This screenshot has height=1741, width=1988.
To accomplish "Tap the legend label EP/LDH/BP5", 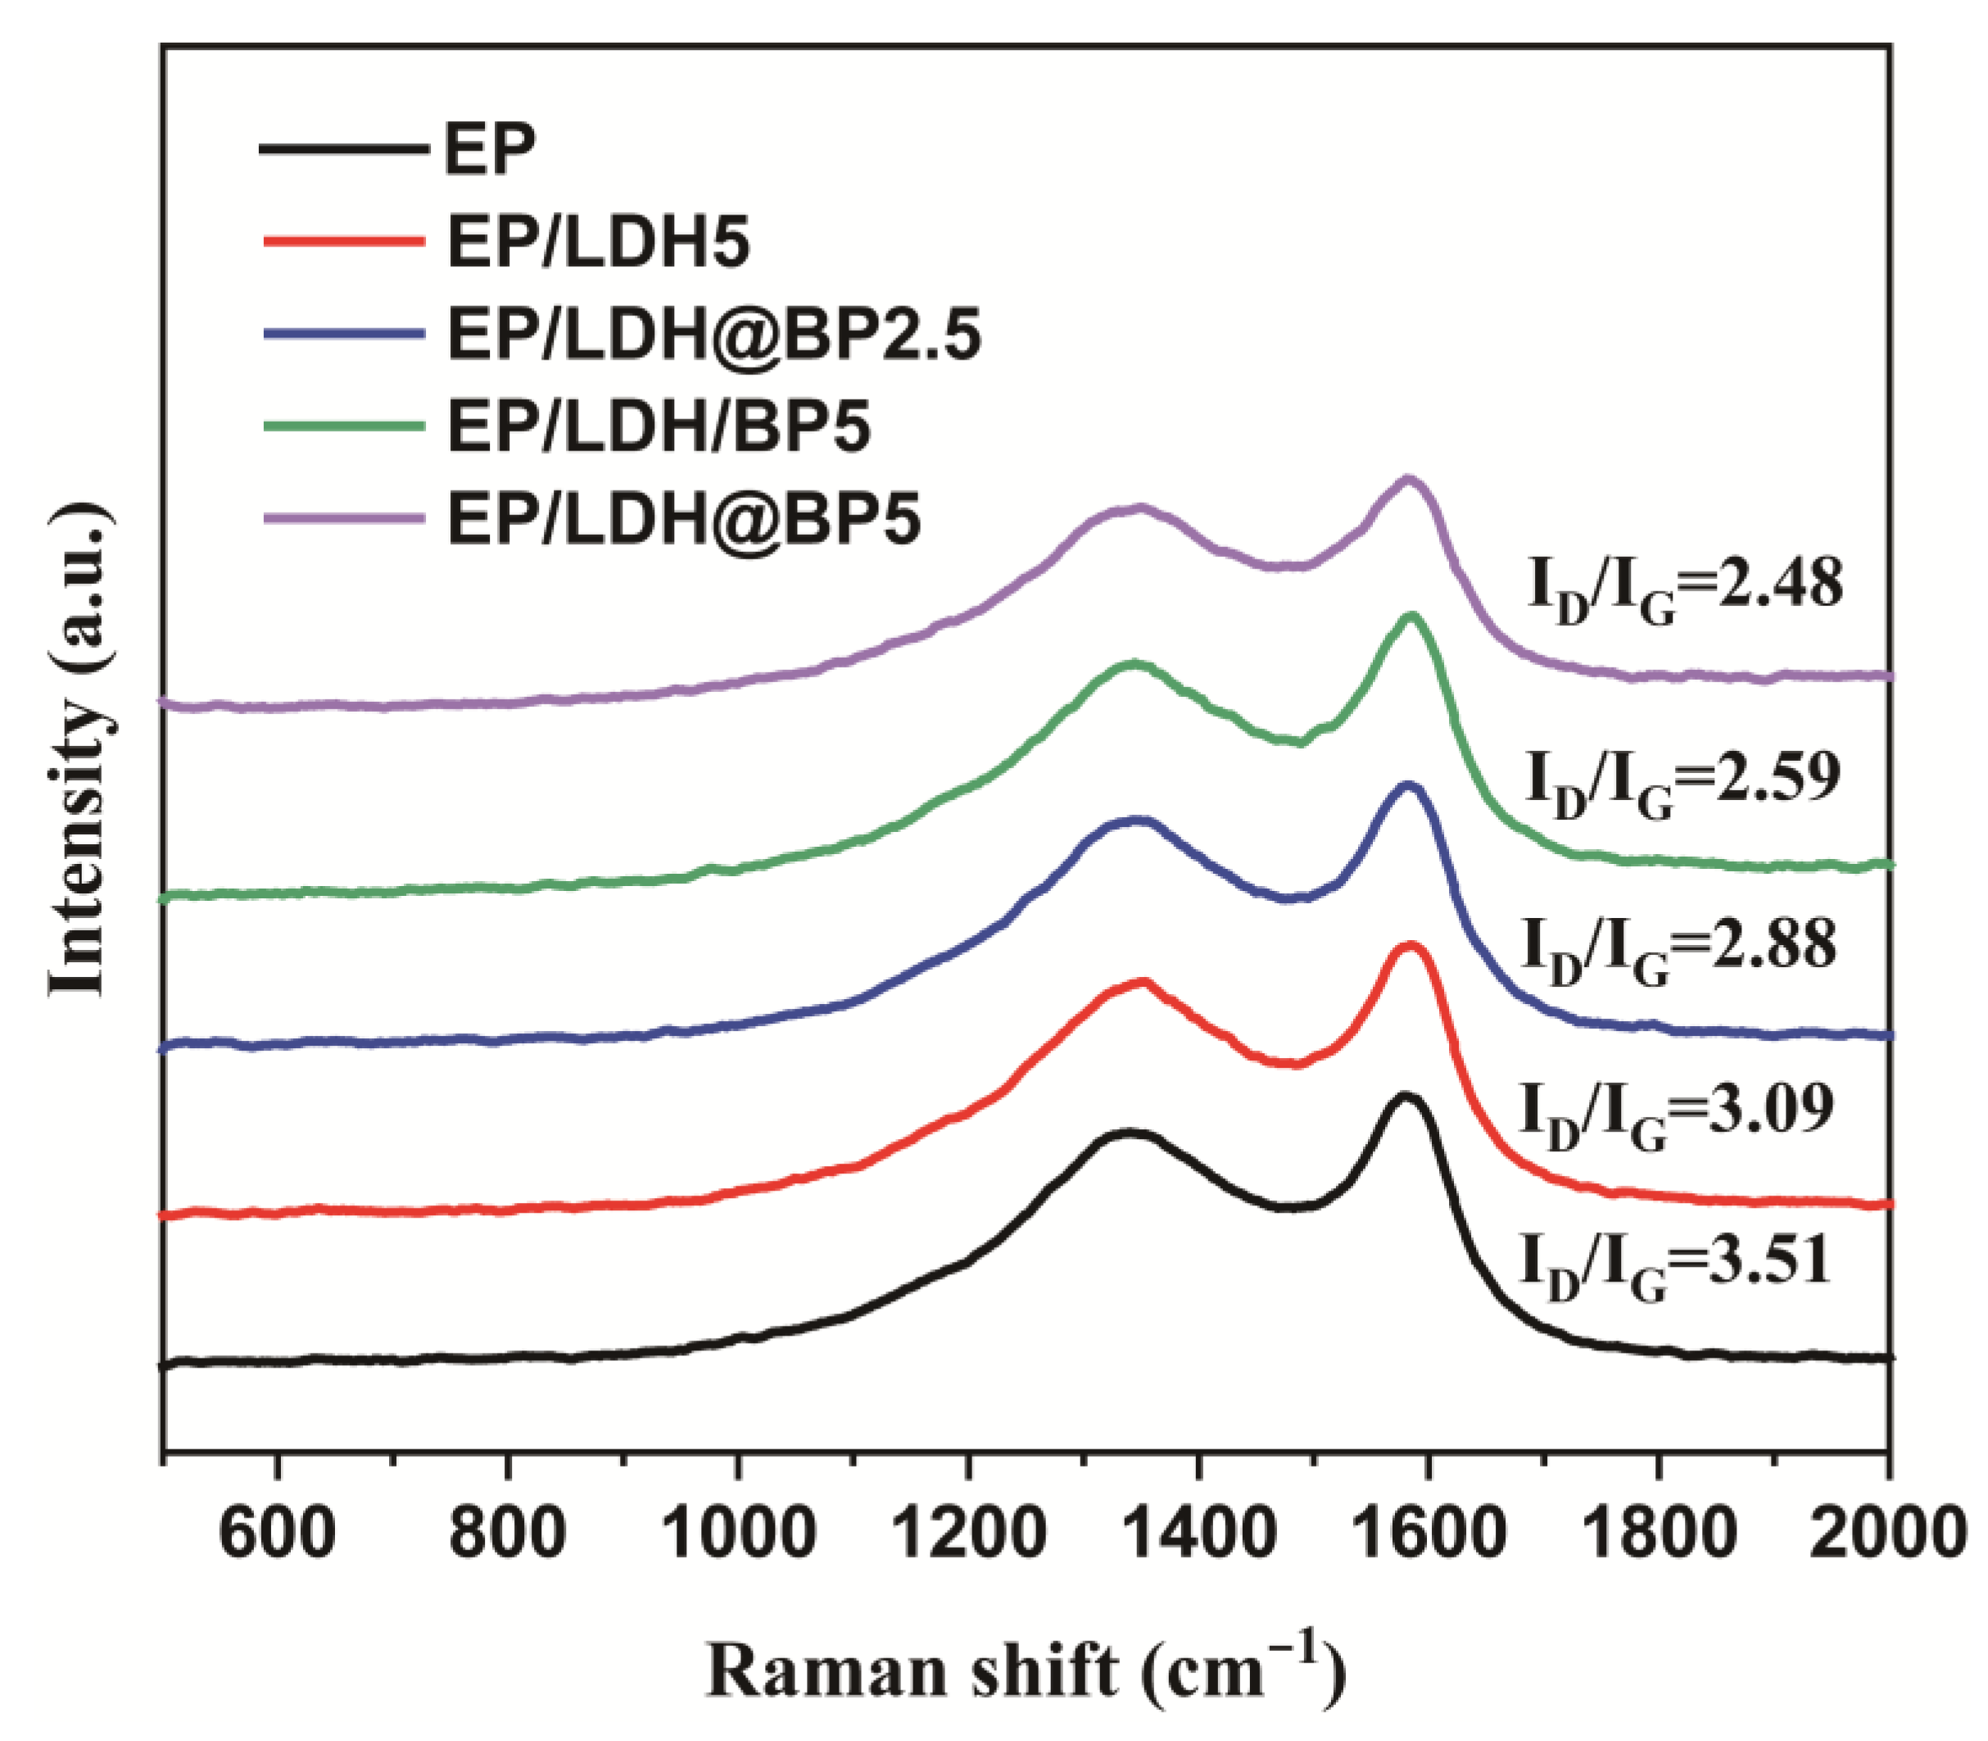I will coord(658,426).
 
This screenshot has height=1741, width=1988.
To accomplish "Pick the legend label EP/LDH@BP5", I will coord(683,518).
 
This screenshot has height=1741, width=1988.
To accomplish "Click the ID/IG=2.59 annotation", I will coord(1682,778).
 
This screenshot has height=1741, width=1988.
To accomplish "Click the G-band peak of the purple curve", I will coord(1408,479).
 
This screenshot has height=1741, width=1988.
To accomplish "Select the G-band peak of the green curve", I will coord(1411,616).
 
